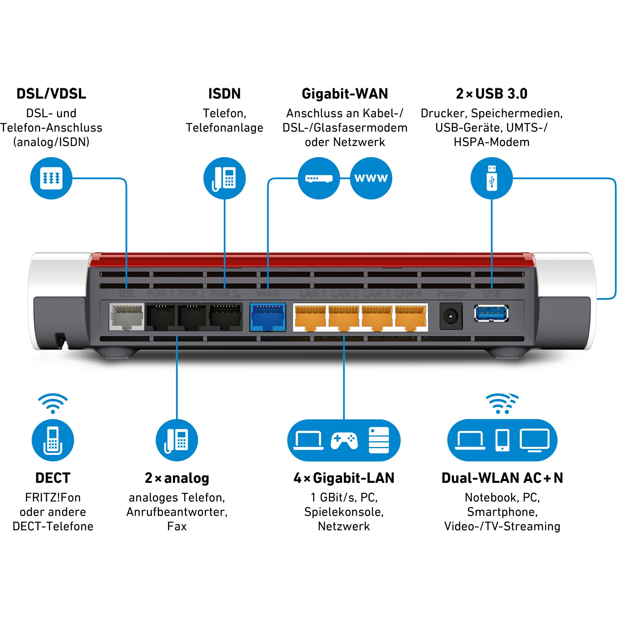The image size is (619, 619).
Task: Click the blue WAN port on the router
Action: tap(267, 317)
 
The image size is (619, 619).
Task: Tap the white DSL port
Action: tap(126, 317)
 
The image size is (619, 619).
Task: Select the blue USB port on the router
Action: tap(491, 313)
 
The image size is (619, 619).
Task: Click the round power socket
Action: tap(451, 316)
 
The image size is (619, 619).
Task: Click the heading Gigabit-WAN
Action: tap(345, 94)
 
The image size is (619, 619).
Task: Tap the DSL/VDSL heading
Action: tap(51, 94)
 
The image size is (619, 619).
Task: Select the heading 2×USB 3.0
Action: tap(492, 94)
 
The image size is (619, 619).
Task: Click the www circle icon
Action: tap(371, 178)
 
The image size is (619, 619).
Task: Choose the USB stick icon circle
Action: tap(491, 178)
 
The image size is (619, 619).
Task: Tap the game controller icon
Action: tap(344, 441)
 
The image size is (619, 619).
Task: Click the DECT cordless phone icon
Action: tap(53, 440)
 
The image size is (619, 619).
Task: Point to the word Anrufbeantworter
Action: tap(177, 512)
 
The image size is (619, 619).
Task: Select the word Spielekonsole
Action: tap(344, 512)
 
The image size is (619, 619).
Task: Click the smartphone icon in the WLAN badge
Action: tap(502, 440)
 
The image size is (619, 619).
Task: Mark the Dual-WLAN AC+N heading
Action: tap(502, 478)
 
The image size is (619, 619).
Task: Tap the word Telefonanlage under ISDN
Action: tap(224, 128)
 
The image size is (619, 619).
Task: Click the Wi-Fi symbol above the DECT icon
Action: tap(53, 403)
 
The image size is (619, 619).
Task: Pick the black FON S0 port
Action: tap(225, 317)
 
